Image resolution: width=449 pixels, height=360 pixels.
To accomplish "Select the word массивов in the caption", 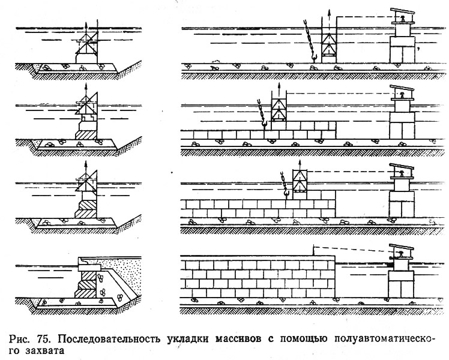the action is pyautogui.click(x=238, y=339).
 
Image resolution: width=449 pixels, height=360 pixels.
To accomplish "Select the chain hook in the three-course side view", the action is pyautogui.click(x=286, y=193).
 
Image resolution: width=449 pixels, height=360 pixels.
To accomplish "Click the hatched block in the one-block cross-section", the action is pyautogui.click(x=86, y=135).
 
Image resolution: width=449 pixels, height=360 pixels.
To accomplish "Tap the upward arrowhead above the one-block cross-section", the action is pyautogui.click(x=86, y=85).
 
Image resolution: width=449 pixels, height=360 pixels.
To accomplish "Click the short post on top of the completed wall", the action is pyautogui.click(x=314, y=251).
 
